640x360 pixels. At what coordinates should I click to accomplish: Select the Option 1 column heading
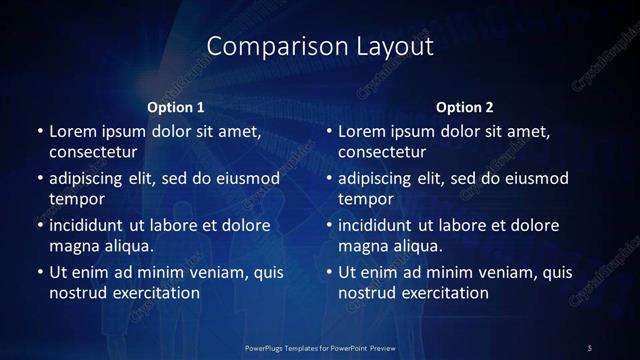(x=176, y=107)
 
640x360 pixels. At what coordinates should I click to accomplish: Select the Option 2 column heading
(x=465, y=107)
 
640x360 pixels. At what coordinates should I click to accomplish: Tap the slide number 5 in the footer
(x=590, y=347)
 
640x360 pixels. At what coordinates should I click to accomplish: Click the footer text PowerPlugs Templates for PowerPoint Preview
(x=320, y=347)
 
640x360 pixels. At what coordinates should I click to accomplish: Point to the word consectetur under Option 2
(x=382, y=152)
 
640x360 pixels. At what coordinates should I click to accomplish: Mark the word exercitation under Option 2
(x=440, y=293)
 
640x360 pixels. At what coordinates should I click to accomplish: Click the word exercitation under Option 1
(x=150, y=293)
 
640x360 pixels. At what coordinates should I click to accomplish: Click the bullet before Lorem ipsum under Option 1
(x=39, y=132)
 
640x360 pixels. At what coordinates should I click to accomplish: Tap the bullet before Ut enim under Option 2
(x=329, y=272)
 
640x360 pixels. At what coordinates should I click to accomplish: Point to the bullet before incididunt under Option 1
(x=39, y=226)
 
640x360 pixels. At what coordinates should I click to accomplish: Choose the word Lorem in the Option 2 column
(x=360, y=132)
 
